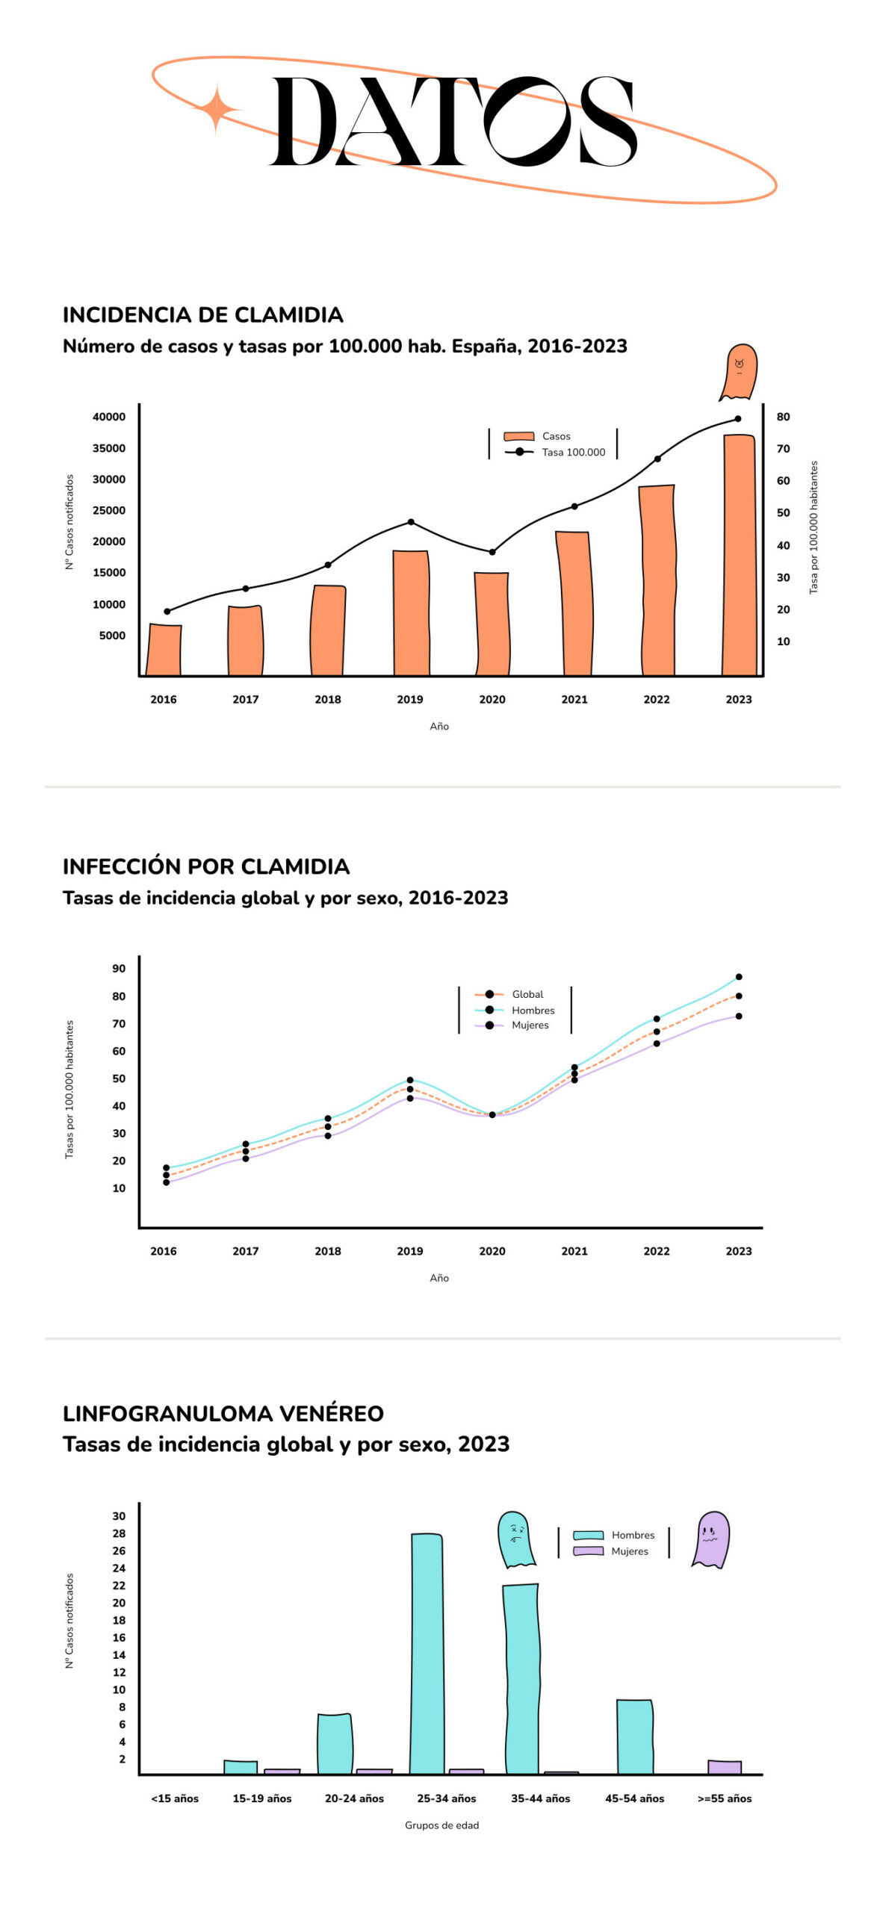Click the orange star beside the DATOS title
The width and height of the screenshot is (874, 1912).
216,109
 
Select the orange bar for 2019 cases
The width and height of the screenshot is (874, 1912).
411,612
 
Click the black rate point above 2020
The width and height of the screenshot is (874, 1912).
492,552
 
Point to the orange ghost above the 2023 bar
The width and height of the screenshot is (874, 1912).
739,371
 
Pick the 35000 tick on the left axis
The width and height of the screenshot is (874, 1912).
109,448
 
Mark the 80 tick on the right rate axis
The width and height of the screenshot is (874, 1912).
783,417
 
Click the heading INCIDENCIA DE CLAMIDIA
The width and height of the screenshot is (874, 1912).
202,314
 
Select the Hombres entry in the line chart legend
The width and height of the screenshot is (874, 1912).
533,1010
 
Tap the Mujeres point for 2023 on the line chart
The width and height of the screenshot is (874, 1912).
739,1016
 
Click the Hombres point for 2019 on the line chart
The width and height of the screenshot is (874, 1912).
410,1080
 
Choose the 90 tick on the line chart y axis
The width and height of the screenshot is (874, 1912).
119,968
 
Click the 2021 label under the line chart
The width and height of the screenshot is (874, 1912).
574,1250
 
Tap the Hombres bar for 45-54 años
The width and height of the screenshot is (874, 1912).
634,1736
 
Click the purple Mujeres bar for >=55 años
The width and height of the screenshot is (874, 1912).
725,1766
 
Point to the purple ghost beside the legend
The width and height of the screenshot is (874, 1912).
710,1539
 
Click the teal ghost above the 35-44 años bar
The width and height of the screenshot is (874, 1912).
516,1539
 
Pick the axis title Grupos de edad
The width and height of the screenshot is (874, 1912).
441,1825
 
